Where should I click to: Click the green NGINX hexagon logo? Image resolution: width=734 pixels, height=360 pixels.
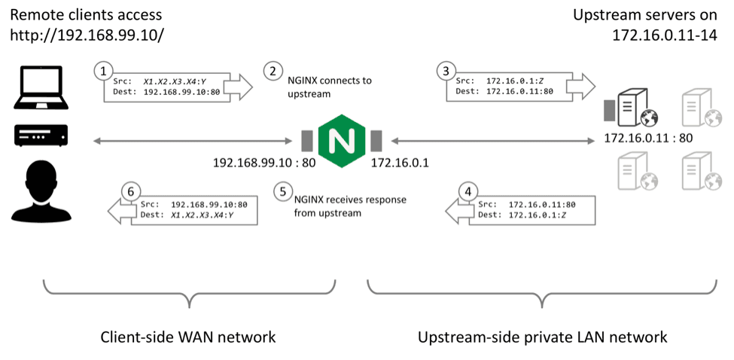click(x=341, y=141)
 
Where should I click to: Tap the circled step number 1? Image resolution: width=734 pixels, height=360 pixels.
click(x=103, y=72)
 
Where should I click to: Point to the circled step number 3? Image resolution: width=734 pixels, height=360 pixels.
click(x=446, y=72)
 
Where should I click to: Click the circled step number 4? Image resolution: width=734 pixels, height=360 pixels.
click(x=469, y=192)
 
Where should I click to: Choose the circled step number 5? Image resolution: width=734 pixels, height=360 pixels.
click(x=283, y=192)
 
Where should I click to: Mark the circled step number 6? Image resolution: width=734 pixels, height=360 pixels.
click(x=131, y=192)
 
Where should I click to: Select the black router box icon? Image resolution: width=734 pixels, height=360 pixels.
click(x=41, y=135)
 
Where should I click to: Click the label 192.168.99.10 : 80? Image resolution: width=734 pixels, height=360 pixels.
click(x=264, y=163)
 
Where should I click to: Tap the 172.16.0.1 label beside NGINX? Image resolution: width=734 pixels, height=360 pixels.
click(x=399, y=163)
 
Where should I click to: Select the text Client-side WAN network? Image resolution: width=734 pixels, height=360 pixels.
click(x=188, y=337)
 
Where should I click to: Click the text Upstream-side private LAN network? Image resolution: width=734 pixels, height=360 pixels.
click(x=542, y=337)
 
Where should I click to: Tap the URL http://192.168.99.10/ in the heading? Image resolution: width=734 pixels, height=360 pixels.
click(x=87, y=35)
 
